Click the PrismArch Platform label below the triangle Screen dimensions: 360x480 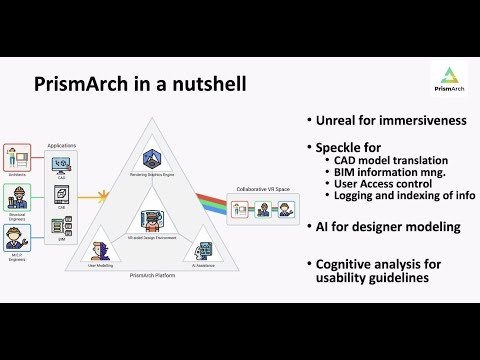153,273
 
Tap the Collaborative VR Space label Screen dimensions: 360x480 263,188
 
